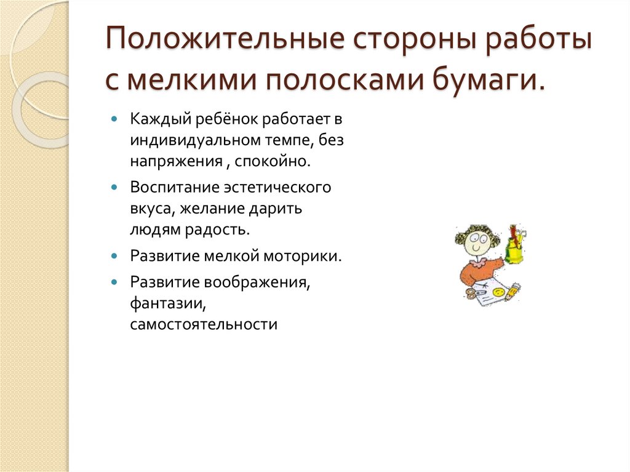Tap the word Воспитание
[x=169, y=187]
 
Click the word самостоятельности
[x=204, y=324]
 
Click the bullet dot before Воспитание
[x=115, y=186]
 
